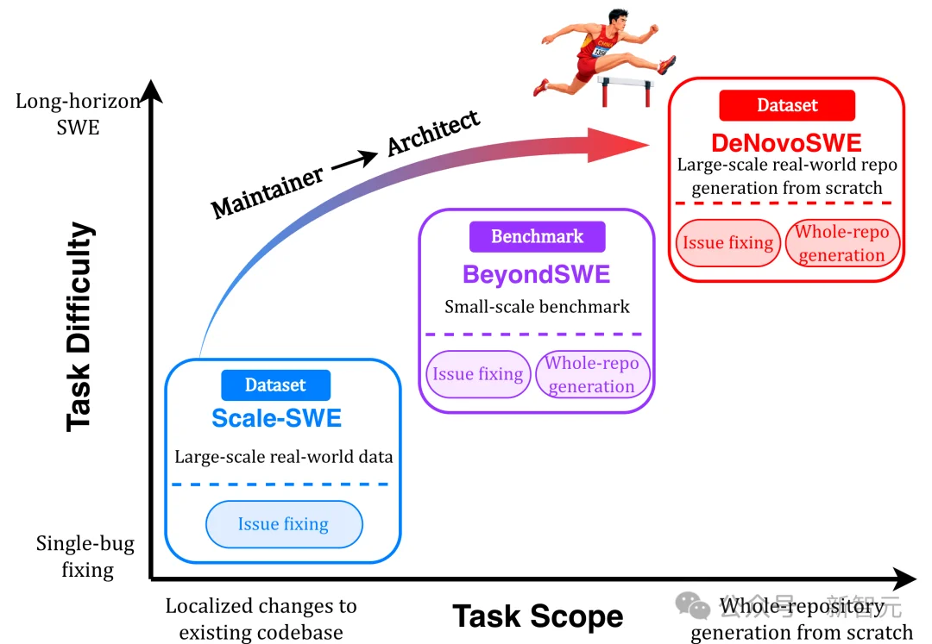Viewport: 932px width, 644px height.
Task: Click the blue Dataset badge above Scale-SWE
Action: point(276,385)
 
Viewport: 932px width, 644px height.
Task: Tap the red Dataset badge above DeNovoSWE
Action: point(787,106)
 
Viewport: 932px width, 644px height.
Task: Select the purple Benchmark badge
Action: point(538,237)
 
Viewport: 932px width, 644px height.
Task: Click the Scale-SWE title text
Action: point(276,418)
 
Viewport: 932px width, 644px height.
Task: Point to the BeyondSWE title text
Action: point(536,274)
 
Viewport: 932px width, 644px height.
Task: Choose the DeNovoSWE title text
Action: point(786,143)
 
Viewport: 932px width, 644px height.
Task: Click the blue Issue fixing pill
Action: point(284,524)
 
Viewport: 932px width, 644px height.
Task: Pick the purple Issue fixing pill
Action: point(478,374)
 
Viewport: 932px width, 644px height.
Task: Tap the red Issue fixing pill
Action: point(728,243)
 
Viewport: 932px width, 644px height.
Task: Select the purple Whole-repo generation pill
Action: point(593,374)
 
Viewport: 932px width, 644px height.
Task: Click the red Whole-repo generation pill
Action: point(842,243)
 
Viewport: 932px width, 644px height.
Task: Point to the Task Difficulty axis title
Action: point(79,327)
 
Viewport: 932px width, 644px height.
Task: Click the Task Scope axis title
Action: point(538,616)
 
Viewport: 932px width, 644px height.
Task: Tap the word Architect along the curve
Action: point(433,133)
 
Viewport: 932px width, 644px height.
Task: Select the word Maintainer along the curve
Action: point(268,191)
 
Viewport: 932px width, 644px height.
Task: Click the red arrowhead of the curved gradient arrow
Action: point(618,145)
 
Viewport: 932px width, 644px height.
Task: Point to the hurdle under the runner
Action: point(626,91)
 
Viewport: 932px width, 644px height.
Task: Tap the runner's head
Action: point(618,20)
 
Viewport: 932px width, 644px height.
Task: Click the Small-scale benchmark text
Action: point(537,307)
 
